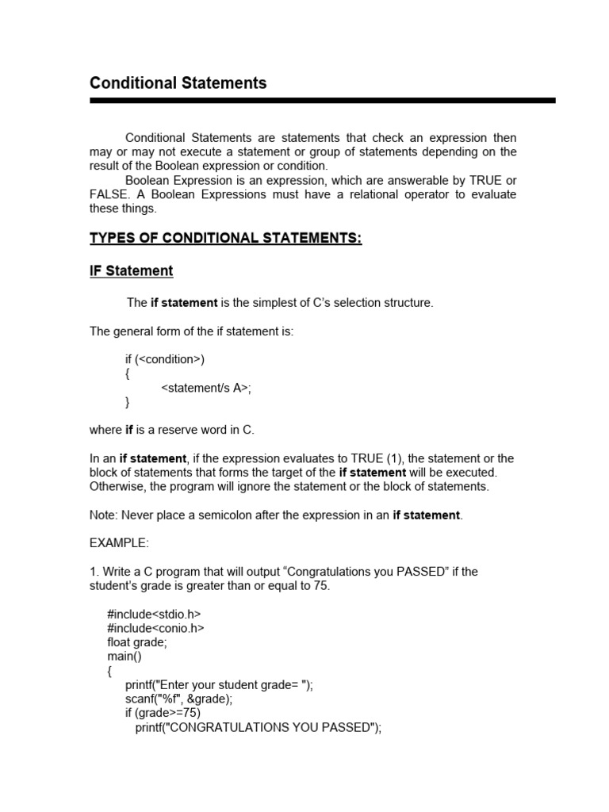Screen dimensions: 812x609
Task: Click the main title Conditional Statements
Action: [x=178, y=83]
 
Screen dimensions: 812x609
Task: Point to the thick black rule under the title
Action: [x=322, y=101]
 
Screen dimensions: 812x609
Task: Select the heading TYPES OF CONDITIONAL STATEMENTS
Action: [x=225, y=239]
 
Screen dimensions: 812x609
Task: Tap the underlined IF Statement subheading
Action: [x=131, y=271]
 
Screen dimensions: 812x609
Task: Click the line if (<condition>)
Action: [x=165, y=359]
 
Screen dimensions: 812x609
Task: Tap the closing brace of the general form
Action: [x=128, y=402]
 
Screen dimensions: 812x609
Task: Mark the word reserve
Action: [x=177, y=430]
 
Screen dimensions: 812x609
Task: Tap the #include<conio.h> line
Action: [x=155, y=629]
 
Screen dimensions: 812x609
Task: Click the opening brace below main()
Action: [x=109, y=672]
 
